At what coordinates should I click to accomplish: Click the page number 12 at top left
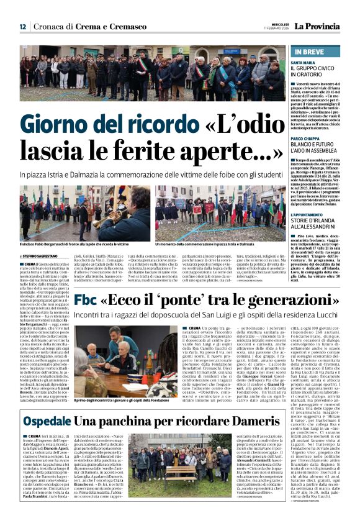click(x=22, y=27)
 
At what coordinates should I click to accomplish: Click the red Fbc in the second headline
click(x=86, y=300)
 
